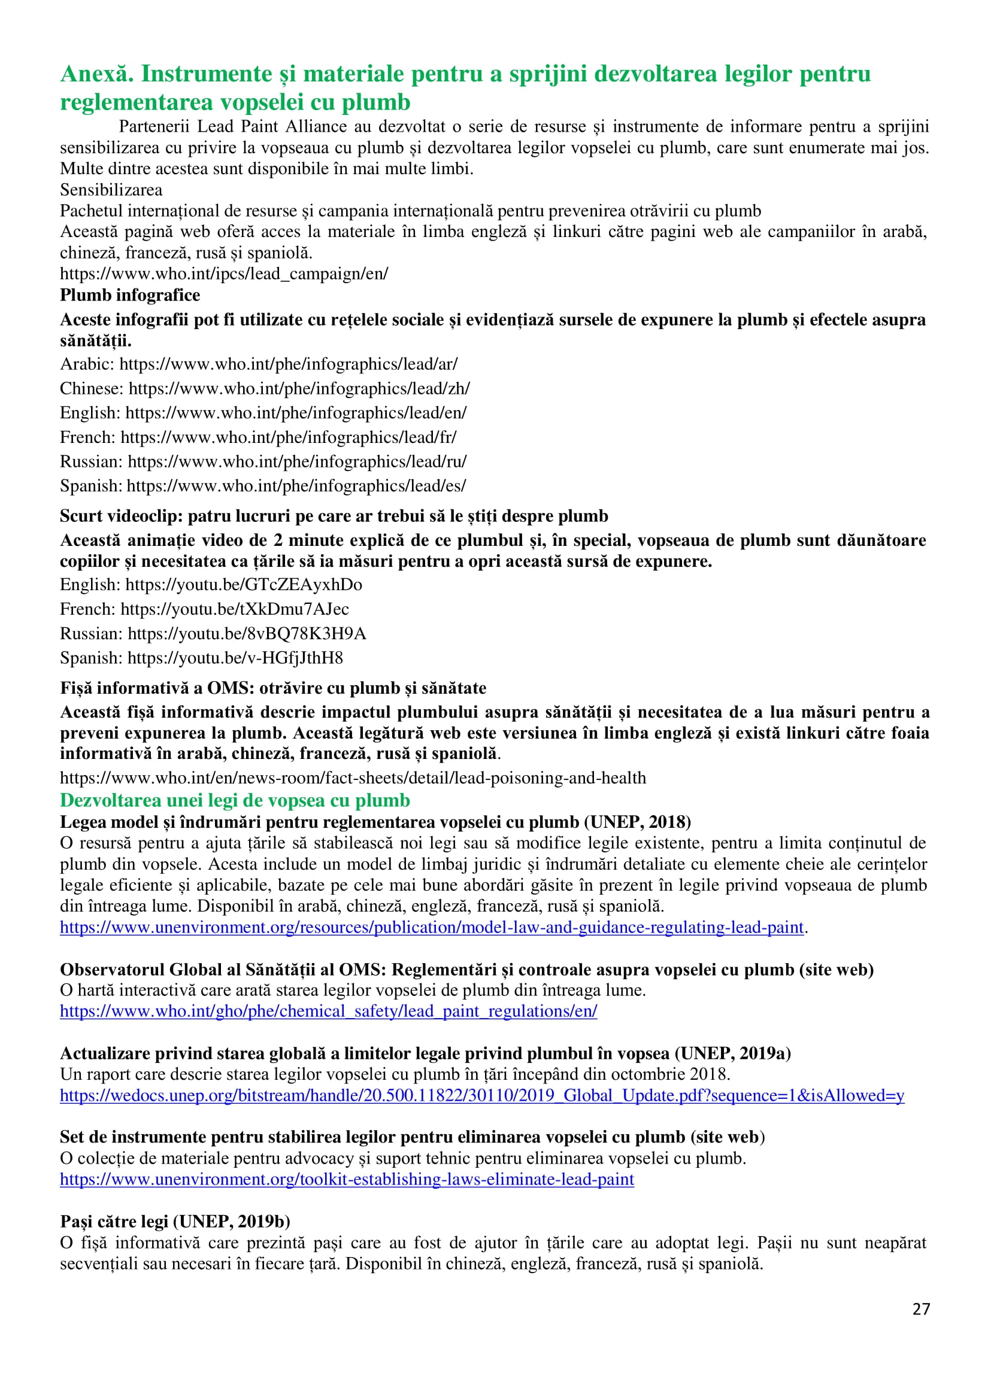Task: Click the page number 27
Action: (x=921, y=1309)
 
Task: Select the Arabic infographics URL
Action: (x=288, y=364)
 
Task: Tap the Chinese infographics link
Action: (x=299, y=388)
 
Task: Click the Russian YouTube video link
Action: (x=247, y=634)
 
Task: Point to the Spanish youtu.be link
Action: (x=235, y=658)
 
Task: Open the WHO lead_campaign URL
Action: (x=224, y=274)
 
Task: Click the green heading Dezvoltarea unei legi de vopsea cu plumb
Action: (x=235, y=800)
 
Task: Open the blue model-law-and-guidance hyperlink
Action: (x=431, y=928)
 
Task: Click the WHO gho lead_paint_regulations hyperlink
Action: (x=328, y=1012)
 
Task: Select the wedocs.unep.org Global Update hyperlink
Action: (x=481, y=1095)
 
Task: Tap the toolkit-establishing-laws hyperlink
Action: (x=347, y=1179)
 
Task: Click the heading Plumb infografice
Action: (x=130, y=295)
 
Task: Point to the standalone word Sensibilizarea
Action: (x=111, y=190)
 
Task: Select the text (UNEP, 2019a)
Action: (x=732, y=1053)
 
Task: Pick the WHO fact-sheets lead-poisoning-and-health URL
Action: (x=353, y=778)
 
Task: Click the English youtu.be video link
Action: (x=244, y=585)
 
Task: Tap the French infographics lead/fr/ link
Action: (x=288, y=438)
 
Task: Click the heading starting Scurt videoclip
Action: (x=334, y=516)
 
